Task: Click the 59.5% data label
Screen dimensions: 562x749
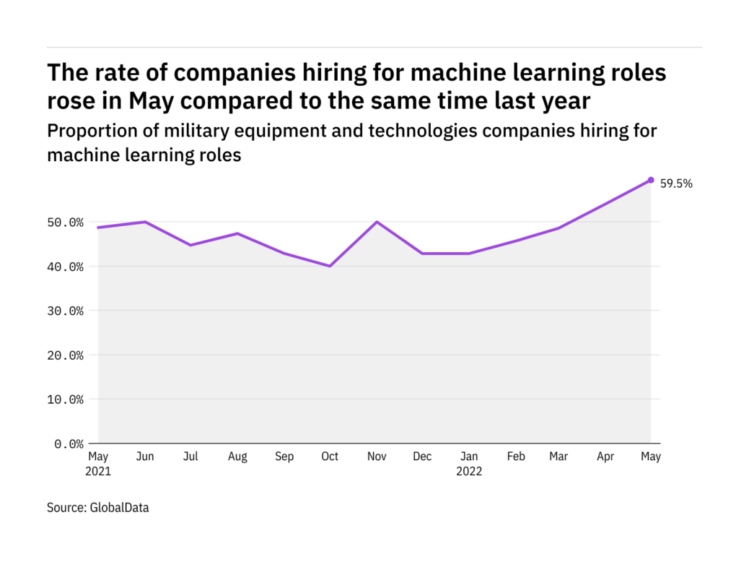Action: [x=677, y=183]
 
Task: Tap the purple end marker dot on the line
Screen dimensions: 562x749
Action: [x=651, y=180]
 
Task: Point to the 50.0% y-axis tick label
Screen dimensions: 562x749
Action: [x=66, y=222]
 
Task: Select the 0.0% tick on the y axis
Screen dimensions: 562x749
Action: [x=69, y=444]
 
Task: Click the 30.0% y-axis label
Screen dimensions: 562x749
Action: [x=66, y=311]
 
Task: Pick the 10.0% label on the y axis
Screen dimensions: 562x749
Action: [x=66, y=399]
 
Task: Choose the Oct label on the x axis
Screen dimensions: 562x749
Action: [x=330, y=457]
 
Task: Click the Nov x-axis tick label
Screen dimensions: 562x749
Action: [x=376, y=457]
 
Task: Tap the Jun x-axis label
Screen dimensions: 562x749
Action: [x=144, y=457]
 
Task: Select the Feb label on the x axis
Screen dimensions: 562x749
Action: [x=515, y=457]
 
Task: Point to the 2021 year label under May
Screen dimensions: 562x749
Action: [x=99, y=472]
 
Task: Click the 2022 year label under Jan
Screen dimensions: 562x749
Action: [x=469, y=472]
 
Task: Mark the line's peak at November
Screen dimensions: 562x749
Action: [x=376, y=222]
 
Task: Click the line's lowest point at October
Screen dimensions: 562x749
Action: [x=330, y=266]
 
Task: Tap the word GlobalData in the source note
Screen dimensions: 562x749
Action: [x=119, y=508]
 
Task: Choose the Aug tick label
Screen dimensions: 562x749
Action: [x=237, y=457]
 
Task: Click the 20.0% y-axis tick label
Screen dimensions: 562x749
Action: [x=66, y=355]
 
